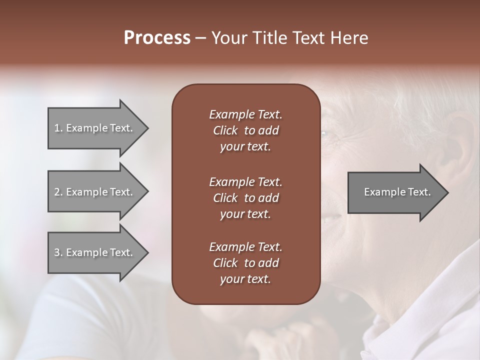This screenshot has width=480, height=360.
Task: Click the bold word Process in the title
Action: (157, 38)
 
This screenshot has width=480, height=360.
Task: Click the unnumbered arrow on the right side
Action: (397, 192)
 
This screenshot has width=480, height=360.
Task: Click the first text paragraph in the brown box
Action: (245, 130)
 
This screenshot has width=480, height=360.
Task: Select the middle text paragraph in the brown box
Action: (245, 197)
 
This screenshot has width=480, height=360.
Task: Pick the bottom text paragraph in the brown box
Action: (245, 263)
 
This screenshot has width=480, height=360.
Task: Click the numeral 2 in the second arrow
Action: (57, 192)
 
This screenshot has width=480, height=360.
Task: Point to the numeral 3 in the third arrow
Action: (57, 252)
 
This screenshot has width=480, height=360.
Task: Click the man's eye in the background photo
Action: (324, 133)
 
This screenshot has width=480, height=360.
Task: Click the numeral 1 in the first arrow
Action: (57, 128)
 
